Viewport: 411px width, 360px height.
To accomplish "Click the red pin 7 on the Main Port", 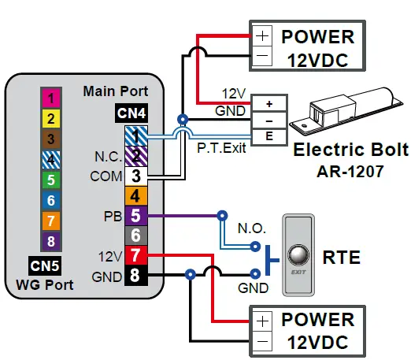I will (x=135, y=254).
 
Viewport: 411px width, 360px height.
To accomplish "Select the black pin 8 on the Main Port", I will (x=135, y=275).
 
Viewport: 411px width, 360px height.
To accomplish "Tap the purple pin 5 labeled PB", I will (x=135, y=214).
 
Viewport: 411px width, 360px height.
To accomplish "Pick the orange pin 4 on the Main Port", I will (x=135, y=195).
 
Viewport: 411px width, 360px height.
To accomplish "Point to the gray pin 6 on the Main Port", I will (x=135, y=235).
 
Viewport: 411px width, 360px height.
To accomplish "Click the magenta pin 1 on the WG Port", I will (x=50, y=98).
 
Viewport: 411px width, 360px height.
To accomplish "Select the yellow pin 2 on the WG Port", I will (x=50, y=119).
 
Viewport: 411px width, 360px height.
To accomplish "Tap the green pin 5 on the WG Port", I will (x=50, y=180).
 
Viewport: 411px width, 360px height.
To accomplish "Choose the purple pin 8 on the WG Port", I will (x=50, y=241).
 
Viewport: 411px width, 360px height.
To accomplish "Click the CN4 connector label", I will (x=131, y=113).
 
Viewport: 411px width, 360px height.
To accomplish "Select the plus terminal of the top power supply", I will (x=261, y=36).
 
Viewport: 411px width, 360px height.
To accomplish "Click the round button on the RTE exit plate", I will (x=298, y=254).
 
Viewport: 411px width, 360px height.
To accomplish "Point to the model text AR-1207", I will (x=339, y=170).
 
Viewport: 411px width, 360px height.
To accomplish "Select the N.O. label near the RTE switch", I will (x=251, y=228).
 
